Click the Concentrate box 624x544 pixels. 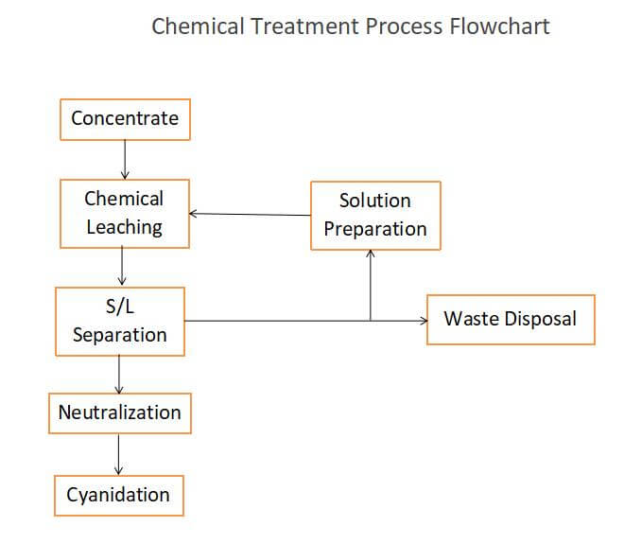pos(125,119)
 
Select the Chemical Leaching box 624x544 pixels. pos(125,214)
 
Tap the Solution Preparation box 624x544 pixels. pos(375,216)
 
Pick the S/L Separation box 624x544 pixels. pos(120,322)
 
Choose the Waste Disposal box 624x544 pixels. pos(511,320)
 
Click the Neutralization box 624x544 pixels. pos(120,413)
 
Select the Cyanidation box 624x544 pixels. pos(119,496)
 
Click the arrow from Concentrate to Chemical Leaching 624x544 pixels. pos(125,160)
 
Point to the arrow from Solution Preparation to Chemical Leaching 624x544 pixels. pos(250,215)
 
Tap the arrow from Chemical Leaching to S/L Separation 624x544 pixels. pos(122,266)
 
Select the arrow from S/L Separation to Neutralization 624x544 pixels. pos(119,375)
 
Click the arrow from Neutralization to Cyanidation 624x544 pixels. pos(118,454)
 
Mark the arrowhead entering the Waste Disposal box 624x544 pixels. pos(425,321)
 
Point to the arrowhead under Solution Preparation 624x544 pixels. pos(371,254)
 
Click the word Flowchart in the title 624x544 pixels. pos(500,26)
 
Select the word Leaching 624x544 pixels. pos(125,228)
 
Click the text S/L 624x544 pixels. pos(120,307)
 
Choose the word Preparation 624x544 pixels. pos(375,229)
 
